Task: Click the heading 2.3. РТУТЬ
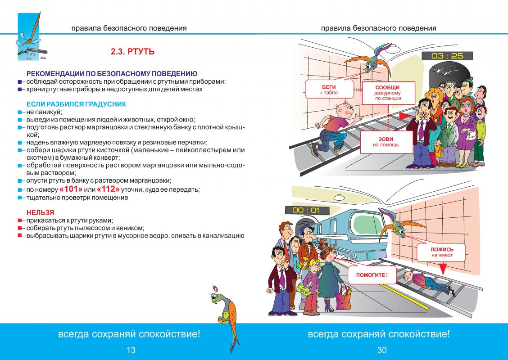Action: tap(132, 51)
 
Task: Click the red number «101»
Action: tap(71, 189)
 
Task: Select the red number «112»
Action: tap(108, 189)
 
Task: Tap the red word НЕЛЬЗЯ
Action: tap(40, 213)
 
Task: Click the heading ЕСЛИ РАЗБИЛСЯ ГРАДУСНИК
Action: tap(76, 104)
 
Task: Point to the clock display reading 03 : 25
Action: tap(447, 56)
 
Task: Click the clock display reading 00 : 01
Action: tap(306, 210)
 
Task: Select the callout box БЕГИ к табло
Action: tap(329, 90)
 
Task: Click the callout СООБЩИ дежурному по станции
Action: tap(388, 93)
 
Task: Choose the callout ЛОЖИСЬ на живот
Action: tap(442, 252)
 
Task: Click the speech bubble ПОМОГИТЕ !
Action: tap(372, 275)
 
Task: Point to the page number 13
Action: tap(131, 350)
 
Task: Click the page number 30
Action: tap(382, 350)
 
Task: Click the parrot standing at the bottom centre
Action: tap(225, 317)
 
